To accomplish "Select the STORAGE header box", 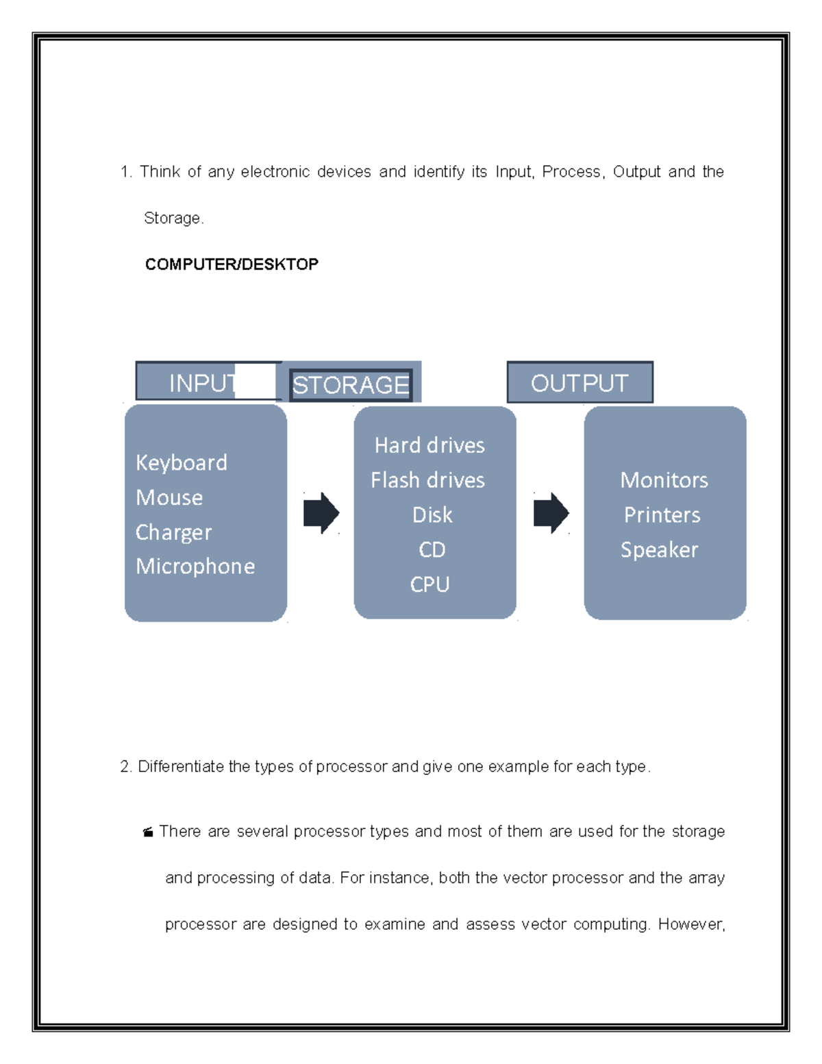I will point(351,384).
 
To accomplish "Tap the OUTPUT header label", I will point(580,383).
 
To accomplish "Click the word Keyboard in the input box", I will point(182,463).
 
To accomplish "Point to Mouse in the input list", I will point(169,497).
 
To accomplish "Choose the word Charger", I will point(173,532).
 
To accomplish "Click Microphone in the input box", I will point(195,567).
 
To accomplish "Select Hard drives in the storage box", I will point(429,446).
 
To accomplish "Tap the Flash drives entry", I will point(427,480).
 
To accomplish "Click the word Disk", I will point(432,515).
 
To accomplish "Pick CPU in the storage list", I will point(429,584).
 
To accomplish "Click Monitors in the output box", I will point(664,480).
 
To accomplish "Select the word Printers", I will point(662,515).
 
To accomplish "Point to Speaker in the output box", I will point(659,550).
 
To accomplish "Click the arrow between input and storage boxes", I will point(321,513).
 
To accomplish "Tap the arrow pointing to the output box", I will point(551,513).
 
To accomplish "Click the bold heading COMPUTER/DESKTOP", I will point(232,264).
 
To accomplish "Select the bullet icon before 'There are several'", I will point(147,833).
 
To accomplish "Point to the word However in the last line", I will point(690,925).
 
